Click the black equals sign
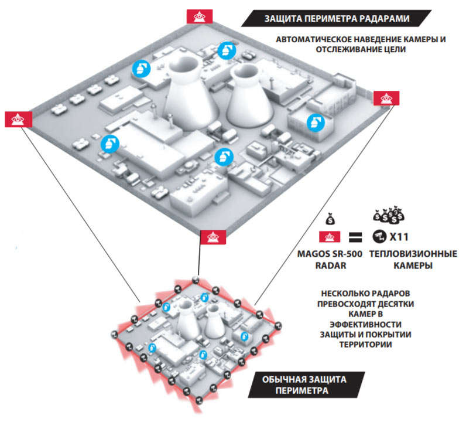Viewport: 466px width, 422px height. pos(353,238)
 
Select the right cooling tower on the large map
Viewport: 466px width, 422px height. pos(245,100)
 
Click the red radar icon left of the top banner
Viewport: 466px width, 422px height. pos(194,16)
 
